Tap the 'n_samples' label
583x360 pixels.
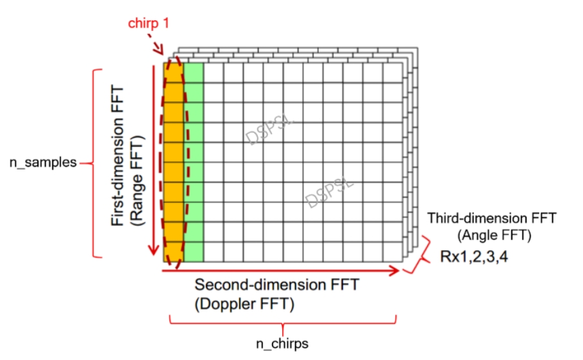42,162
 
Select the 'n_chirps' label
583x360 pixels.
282,344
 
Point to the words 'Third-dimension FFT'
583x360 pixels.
492,219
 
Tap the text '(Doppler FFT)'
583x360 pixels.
244,305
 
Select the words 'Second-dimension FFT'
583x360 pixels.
277,285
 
